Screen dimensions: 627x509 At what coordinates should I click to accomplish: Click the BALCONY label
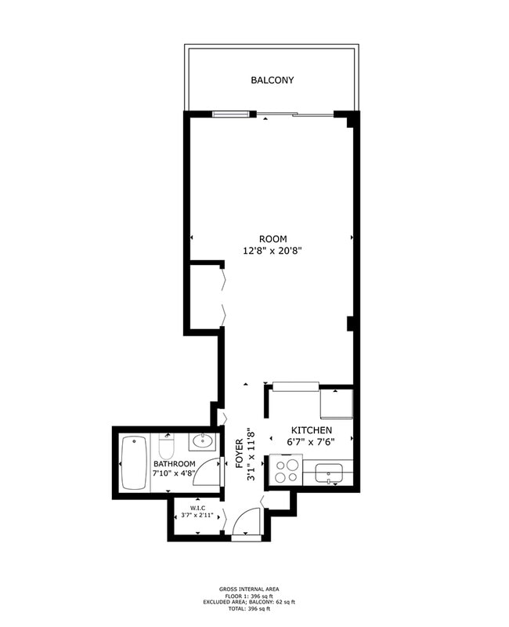pyautogui.click(x=273, y=80)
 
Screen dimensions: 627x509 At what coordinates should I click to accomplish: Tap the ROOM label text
pyautogui.click(x=273, y=239)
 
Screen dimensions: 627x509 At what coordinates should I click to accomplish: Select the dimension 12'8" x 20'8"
pyautogui.click(x=273, y=251)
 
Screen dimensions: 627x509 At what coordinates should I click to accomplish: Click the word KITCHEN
pyautogui.click(x=312, y=430)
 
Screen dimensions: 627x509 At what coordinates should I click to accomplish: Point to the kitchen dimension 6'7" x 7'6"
pyautogui.click(x=312, y=442)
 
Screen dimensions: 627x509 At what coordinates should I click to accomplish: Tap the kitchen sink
pyautogui.click(x=327, y=473)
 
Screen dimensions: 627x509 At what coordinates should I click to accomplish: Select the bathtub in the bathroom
pyautogui.click(x=135, y=464)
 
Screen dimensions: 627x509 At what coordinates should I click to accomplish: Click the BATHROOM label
pyautogui.click(x=175, y=464)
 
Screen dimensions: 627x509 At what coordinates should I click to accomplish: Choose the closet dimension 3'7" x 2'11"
pyautogui.click(x=197, y=515)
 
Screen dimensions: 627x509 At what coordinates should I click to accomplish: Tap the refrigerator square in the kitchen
pyautogui.click(x=337, y=404)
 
